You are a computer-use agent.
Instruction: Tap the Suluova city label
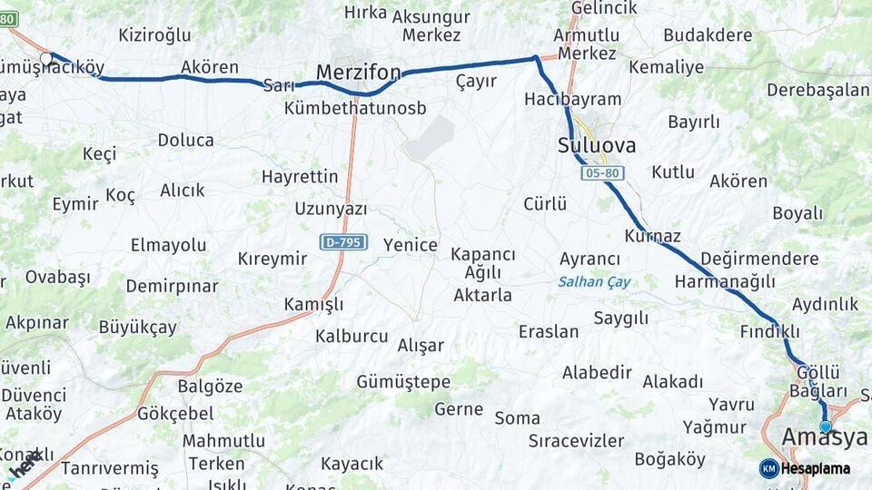[597, 145]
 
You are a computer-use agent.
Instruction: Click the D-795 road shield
[343, 242]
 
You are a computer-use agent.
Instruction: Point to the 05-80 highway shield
[603, 172]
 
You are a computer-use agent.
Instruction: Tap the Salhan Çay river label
[594, 281]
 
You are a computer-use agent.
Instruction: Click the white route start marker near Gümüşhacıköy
[46, 58]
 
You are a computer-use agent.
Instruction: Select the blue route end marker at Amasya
[825, 426]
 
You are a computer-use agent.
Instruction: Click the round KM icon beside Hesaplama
[769, 468]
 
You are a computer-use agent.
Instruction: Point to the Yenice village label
[410, 245]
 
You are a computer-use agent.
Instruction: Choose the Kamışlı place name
[313, 304]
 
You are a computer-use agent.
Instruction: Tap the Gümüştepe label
[403, 381]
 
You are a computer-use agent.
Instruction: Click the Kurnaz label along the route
[652, 236]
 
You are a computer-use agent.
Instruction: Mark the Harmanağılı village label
[725, 282]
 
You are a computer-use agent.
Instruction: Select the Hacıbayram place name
[572, 99]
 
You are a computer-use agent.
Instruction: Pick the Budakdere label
[708, 35]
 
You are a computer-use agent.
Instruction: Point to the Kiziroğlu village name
[154, 35]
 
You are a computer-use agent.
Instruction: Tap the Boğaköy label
[669, 459]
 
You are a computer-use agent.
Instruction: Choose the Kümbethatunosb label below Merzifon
[355, 108]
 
